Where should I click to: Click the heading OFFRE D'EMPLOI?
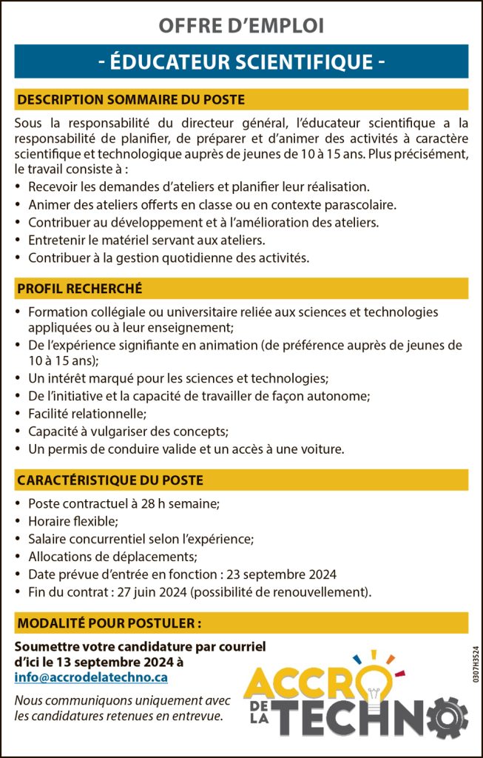point(241,26)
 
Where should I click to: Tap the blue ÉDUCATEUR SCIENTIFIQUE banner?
point(241,61)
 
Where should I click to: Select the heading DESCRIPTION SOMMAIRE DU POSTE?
point(131,99)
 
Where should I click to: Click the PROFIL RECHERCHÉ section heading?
point(80,288)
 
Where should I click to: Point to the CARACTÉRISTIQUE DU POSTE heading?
point(109,480)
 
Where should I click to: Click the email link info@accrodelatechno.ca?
point(91,677)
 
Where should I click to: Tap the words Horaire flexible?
point(72,521)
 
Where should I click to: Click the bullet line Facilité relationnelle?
point(87,413)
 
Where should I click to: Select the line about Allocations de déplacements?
point(111,557)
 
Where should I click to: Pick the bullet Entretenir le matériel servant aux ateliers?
point(146,240)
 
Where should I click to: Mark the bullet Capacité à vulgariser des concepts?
point(128,431)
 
